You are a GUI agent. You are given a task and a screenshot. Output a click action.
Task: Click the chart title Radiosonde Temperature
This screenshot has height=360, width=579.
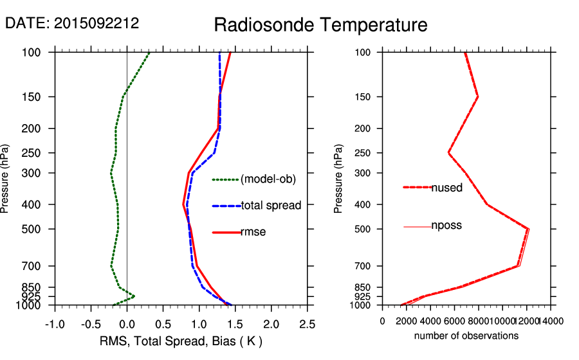pos(320,26)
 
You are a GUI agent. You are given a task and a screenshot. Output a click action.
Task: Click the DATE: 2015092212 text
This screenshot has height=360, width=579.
pos(72,24)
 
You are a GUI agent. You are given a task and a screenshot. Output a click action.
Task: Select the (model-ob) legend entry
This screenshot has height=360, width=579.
pos(268,179)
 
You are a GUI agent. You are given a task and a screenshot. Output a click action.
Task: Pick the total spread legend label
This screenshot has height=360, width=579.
pos(271,206)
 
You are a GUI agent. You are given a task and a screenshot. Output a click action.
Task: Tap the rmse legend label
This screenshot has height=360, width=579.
pos(253,232)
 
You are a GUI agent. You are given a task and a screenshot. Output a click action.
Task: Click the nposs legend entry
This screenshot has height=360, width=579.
pos(446,226)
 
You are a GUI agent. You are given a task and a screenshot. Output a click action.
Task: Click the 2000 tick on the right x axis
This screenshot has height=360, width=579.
pos(407,321)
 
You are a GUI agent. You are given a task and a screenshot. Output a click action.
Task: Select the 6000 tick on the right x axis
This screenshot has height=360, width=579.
pos(455,321)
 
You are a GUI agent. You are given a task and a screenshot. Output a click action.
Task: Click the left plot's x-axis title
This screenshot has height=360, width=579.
pos(181,340)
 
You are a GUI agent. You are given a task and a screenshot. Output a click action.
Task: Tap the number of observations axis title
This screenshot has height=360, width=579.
pos(466,336)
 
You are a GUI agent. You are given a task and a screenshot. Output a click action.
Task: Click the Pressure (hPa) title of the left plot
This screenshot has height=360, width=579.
pos(6,178)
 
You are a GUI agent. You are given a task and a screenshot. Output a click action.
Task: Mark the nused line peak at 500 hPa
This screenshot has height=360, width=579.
pos(528,229)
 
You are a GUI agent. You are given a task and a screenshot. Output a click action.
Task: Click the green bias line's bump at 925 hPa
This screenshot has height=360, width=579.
pos(134,296)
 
